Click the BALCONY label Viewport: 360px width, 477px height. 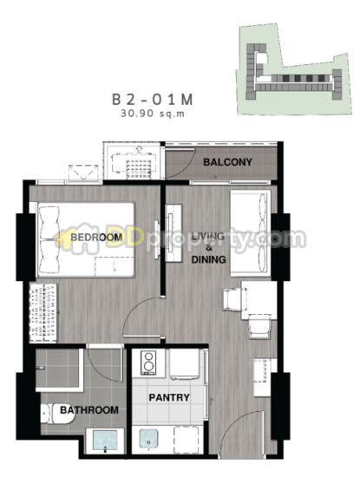pyautogui.click(x=227, y=162)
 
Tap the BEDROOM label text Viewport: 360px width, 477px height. pyautogui.click(x=96, y=237)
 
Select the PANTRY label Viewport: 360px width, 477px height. pyautogui.click(x=169, y=397)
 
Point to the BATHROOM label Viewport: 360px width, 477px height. pyautogui.click(x=89, y=410)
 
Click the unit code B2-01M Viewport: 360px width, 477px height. pyautogui.click(x=153, y=100)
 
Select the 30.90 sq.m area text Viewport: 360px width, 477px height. pyautogui.click(x=153, y=114)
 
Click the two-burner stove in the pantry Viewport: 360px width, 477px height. pyautogui.click(x=148, y=363)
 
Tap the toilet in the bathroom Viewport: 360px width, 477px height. pyautogui.click(x=58, y=414)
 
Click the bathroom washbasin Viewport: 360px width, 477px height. pyautogui.click(x=105, y=441)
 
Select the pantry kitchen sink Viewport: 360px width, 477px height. pyautogui.click(x=148, y=439)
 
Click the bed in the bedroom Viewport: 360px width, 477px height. pyautogui.click(x=86, y=239)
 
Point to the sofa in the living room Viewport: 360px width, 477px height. pyautogui.click(x=250, y=233)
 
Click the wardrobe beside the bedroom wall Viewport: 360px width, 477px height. pyautogui.click(x=43, y=313)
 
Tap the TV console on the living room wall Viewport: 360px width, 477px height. pyautogui.click(x=173, y=232)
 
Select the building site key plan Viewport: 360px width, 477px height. pyautogui.click(x=294, y=69)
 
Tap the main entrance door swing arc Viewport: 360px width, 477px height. pyautogui.click(x=236, y=421)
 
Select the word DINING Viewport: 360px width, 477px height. pyautogui.click(x=208, y=259)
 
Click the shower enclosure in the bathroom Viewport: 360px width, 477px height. pyautogui.click(x=59, y=369)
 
